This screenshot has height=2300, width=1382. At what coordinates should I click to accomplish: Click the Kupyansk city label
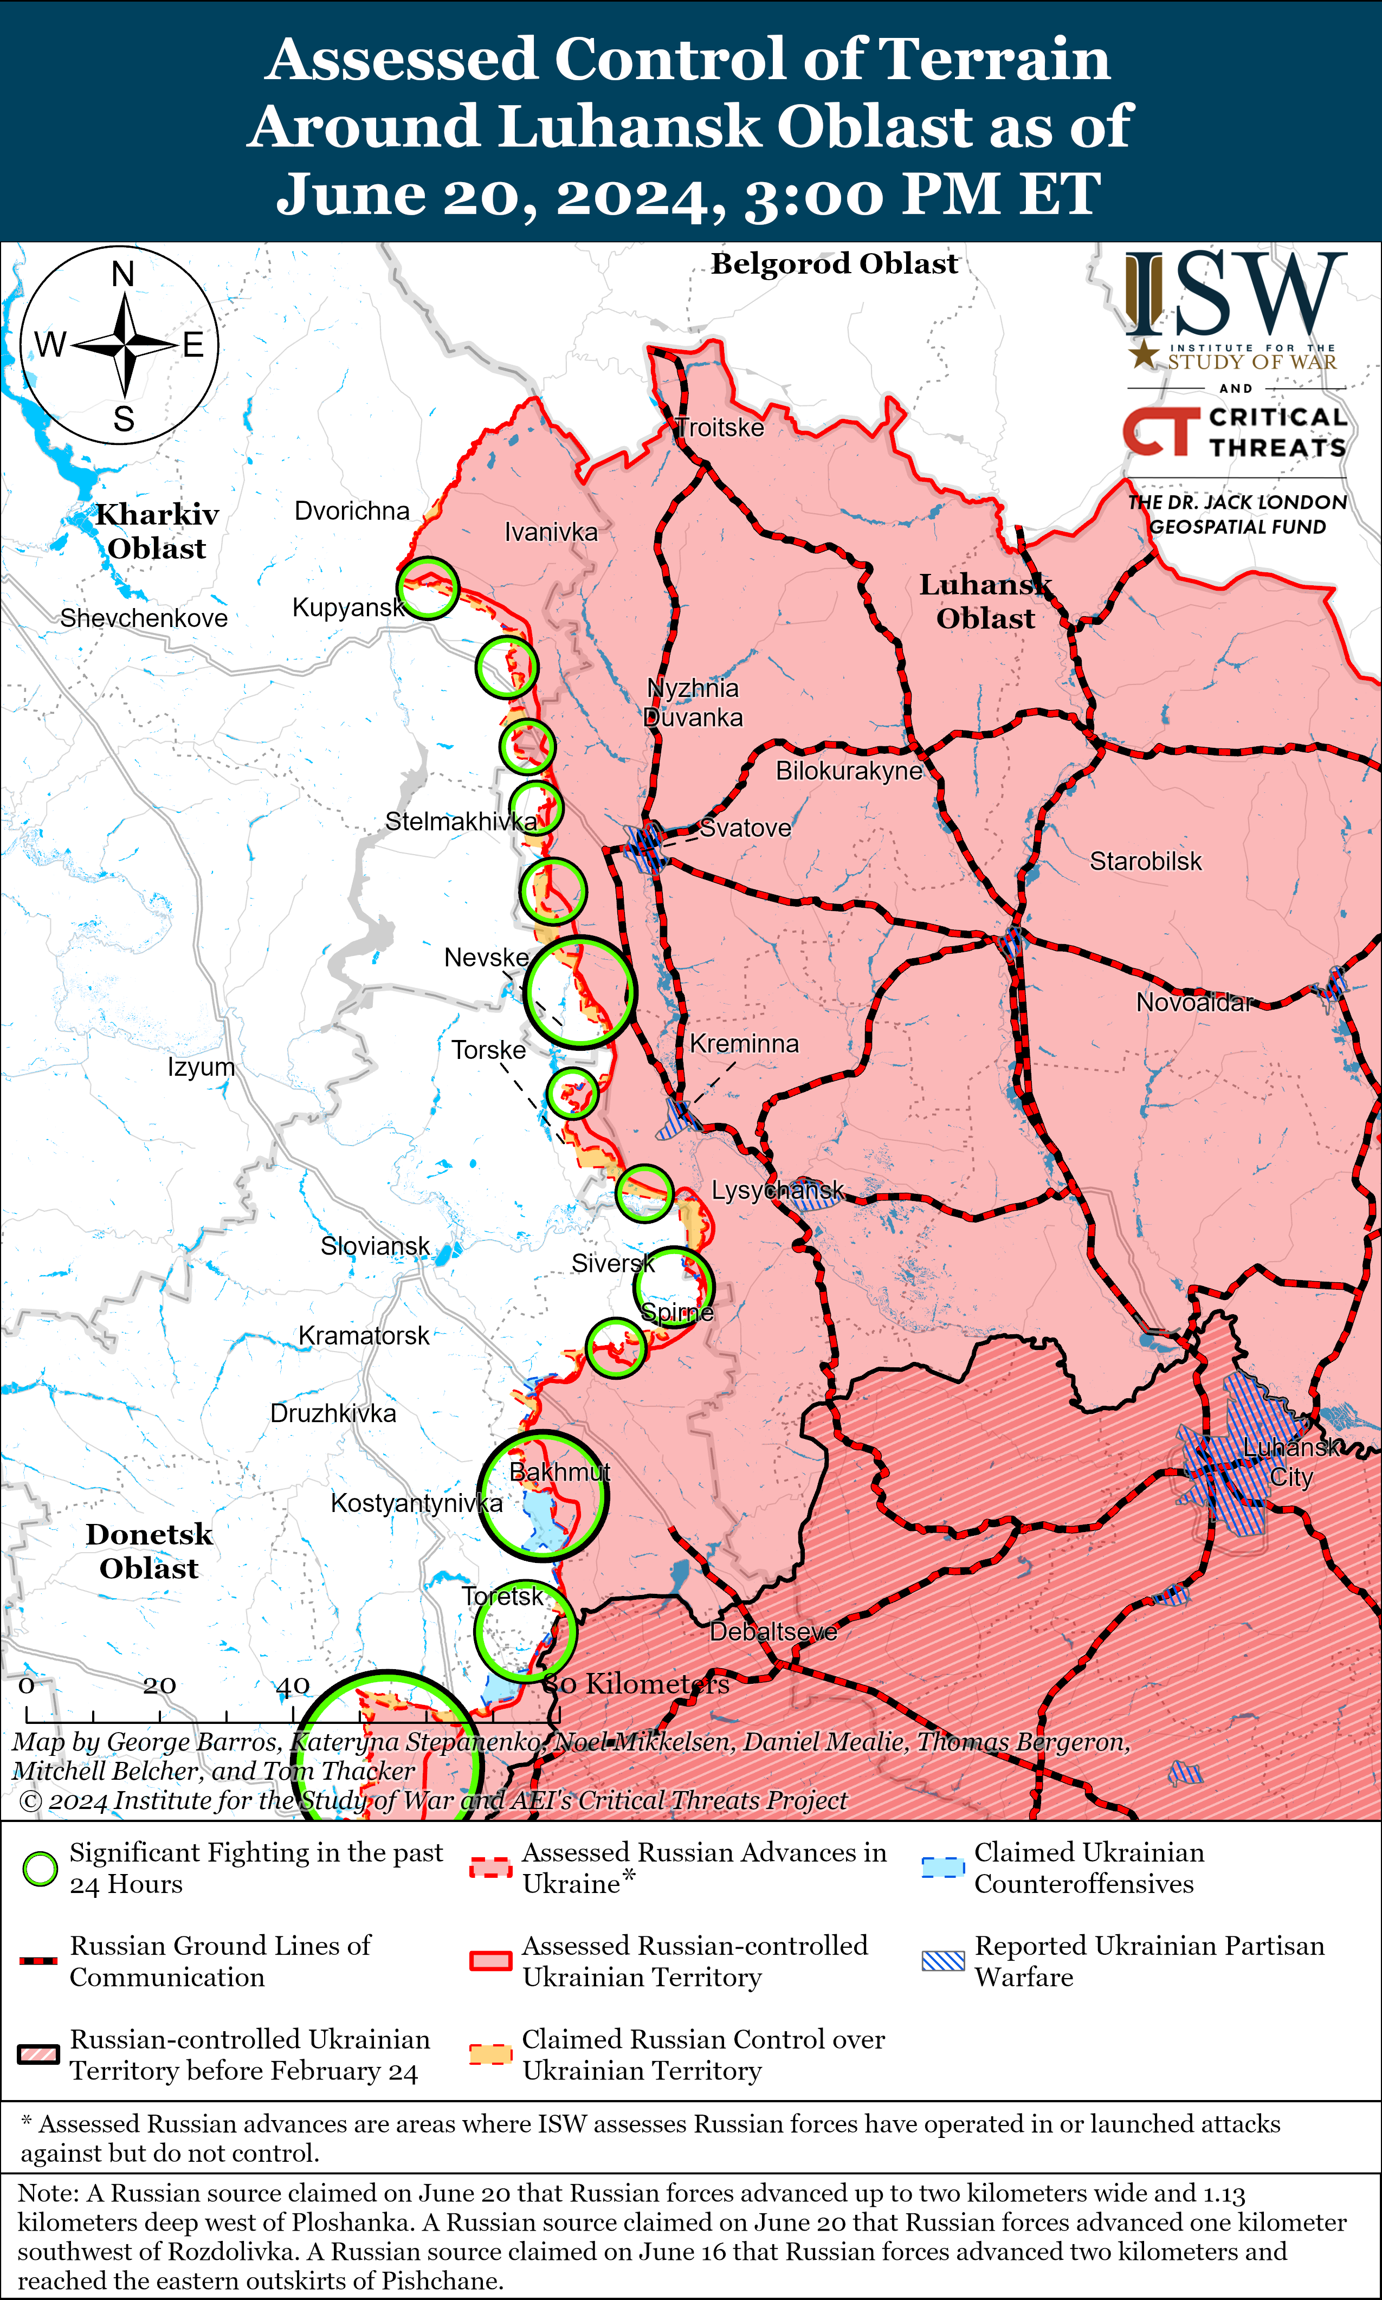coord(348,608)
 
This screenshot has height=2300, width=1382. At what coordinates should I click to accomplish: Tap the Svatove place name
coord(745,828)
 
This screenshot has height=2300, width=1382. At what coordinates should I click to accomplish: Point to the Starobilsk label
coord(1146,861)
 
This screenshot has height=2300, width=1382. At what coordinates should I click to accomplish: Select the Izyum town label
coord(201,1067)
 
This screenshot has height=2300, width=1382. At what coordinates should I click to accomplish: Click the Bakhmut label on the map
coord(560,1472)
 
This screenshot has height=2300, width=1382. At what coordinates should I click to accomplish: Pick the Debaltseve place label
coord(773,1632)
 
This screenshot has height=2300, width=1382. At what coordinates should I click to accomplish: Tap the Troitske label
coord(719,428)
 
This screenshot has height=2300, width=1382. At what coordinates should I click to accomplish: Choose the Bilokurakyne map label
coord(848,771)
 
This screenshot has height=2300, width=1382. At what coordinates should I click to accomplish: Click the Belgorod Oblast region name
coord(835,264)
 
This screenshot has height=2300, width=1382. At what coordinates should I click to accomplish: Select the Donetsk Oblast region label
coord(149,1552)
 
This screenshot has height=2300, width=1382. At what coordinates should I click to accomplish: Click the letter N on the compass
coord(123,275)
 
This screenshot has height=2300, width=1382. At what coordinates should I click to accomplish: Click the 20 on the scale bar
coord(159,1685)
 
